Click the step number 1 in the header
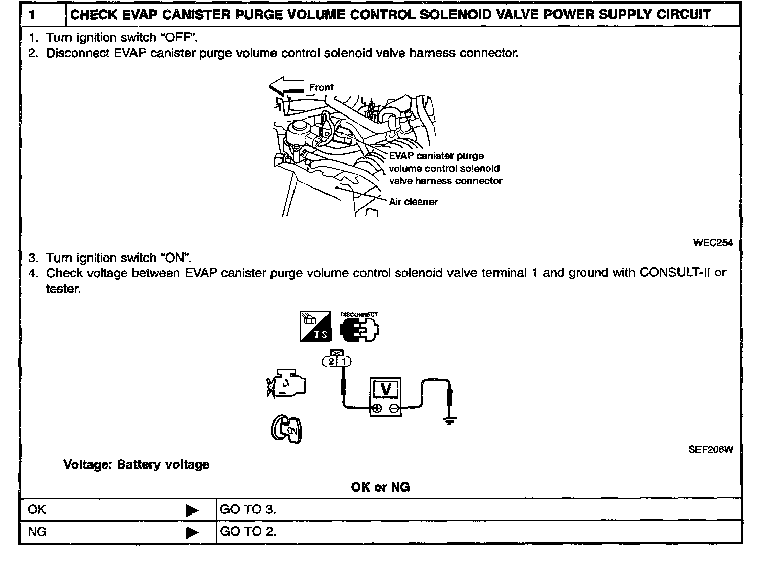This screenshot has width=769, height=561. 32,15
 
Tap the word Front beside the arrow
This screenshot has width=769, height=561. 321,87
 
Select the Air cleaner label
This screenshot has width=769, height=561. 413,202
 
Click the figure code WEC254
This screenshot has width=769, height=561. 713,243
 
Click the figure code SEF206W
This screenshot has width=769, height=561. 710,450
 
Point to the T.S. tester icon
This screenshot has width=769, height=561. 315,326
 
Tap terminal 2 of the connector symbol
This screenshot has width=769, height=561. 331,362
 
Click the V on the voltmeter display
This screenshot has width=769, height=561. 386,389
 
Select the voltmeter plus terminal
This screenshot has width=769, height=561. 377,408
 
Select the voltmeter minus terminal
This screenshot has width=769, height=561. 394,408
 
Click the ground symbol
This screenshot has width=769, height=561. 449,422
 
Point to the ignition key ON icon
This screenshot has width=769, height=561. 286,430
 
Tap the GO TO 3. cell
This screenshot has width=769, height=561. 248,509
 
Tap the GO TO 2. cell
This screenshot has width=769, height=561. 248,532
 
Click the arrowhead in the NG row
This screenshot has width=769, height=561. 192,532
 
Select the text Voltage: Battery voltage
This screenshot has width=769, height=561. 137,464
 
